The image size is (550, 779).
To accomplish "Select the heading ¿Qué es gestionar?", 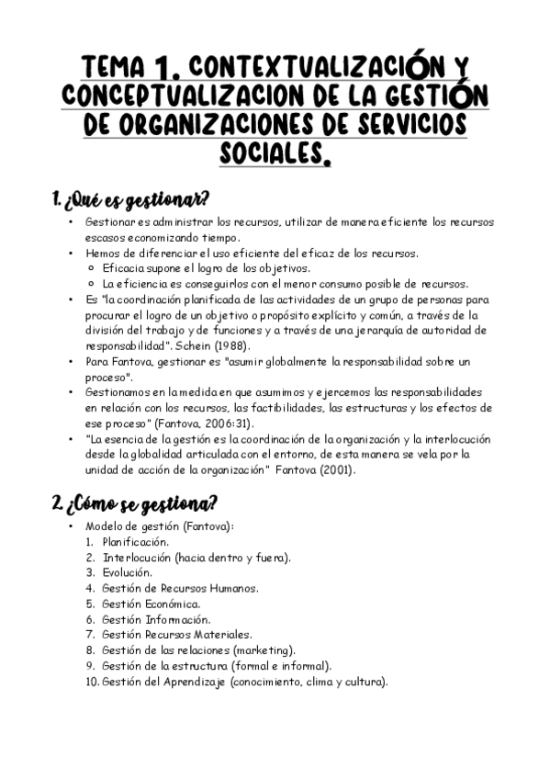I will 131,198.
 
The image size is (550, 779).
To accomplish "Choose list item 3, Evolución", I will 128,572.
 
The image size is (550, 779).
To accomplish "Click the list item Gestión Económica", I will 151,604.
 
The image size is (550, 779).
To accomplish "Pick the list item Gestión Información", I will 156,619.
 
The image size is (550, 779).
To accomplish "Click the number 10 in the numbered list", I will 91,682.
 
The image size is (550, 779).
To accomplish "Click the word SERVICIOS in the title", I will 405,124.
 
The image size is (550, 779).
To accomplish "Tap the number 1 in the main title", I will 165,66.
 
